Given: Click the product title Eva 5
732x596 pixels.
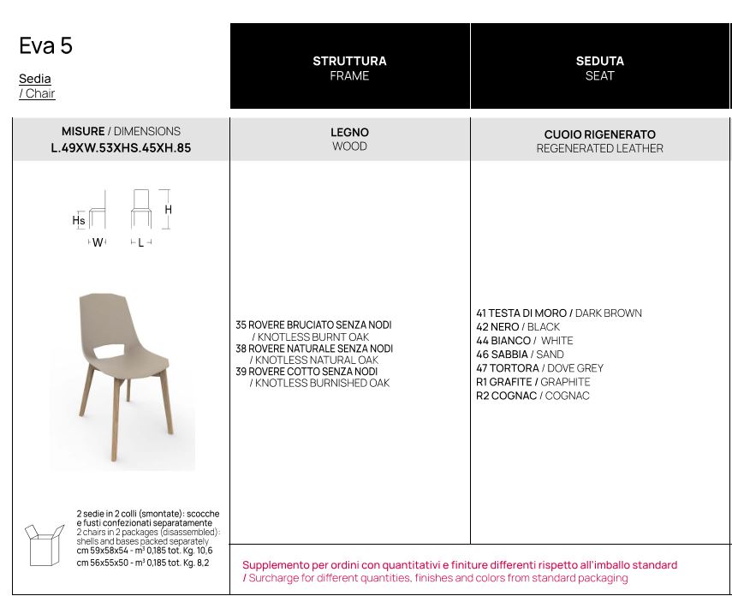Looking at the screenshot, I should tap(46, 46).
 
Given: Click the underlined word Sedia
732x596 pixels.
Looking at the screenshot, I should tap(35, 79).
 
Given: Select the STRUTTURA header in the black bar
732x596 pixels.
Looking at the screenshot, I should tap(349, 61).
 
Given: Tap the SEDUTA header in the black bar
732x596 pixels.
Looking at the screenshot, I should tap(599, 61).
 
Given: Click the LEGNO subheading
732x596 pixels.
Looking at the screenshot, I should tap(349, 133).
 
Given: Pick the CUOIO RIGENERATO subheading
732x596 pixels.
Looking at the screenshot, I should tap(599, 134).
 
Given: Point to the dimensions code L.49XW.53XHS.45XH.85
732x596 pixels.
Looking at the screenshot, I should tap(121, 147).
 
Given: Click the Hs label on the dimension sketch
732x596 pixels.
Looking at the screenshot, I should tap(78, 220).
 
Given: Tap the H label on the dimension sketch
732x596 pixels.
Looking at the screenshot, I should tap(169, 210).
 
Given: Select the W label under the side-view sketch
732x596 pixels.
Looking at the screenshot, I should tap(98, 243).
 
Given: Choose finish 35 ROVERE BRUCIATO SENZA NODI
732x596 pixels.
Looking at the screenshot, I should tap(313, 325).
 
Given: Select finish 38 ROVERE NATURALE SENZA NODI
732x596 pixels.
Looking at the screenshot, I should tap(313, 349).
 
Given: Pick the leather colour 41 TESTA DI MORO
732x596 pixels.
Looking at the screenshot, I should tap(521, 313).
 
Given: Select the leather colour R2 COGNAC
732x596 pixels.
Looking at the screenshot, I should tap(506, 396).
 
